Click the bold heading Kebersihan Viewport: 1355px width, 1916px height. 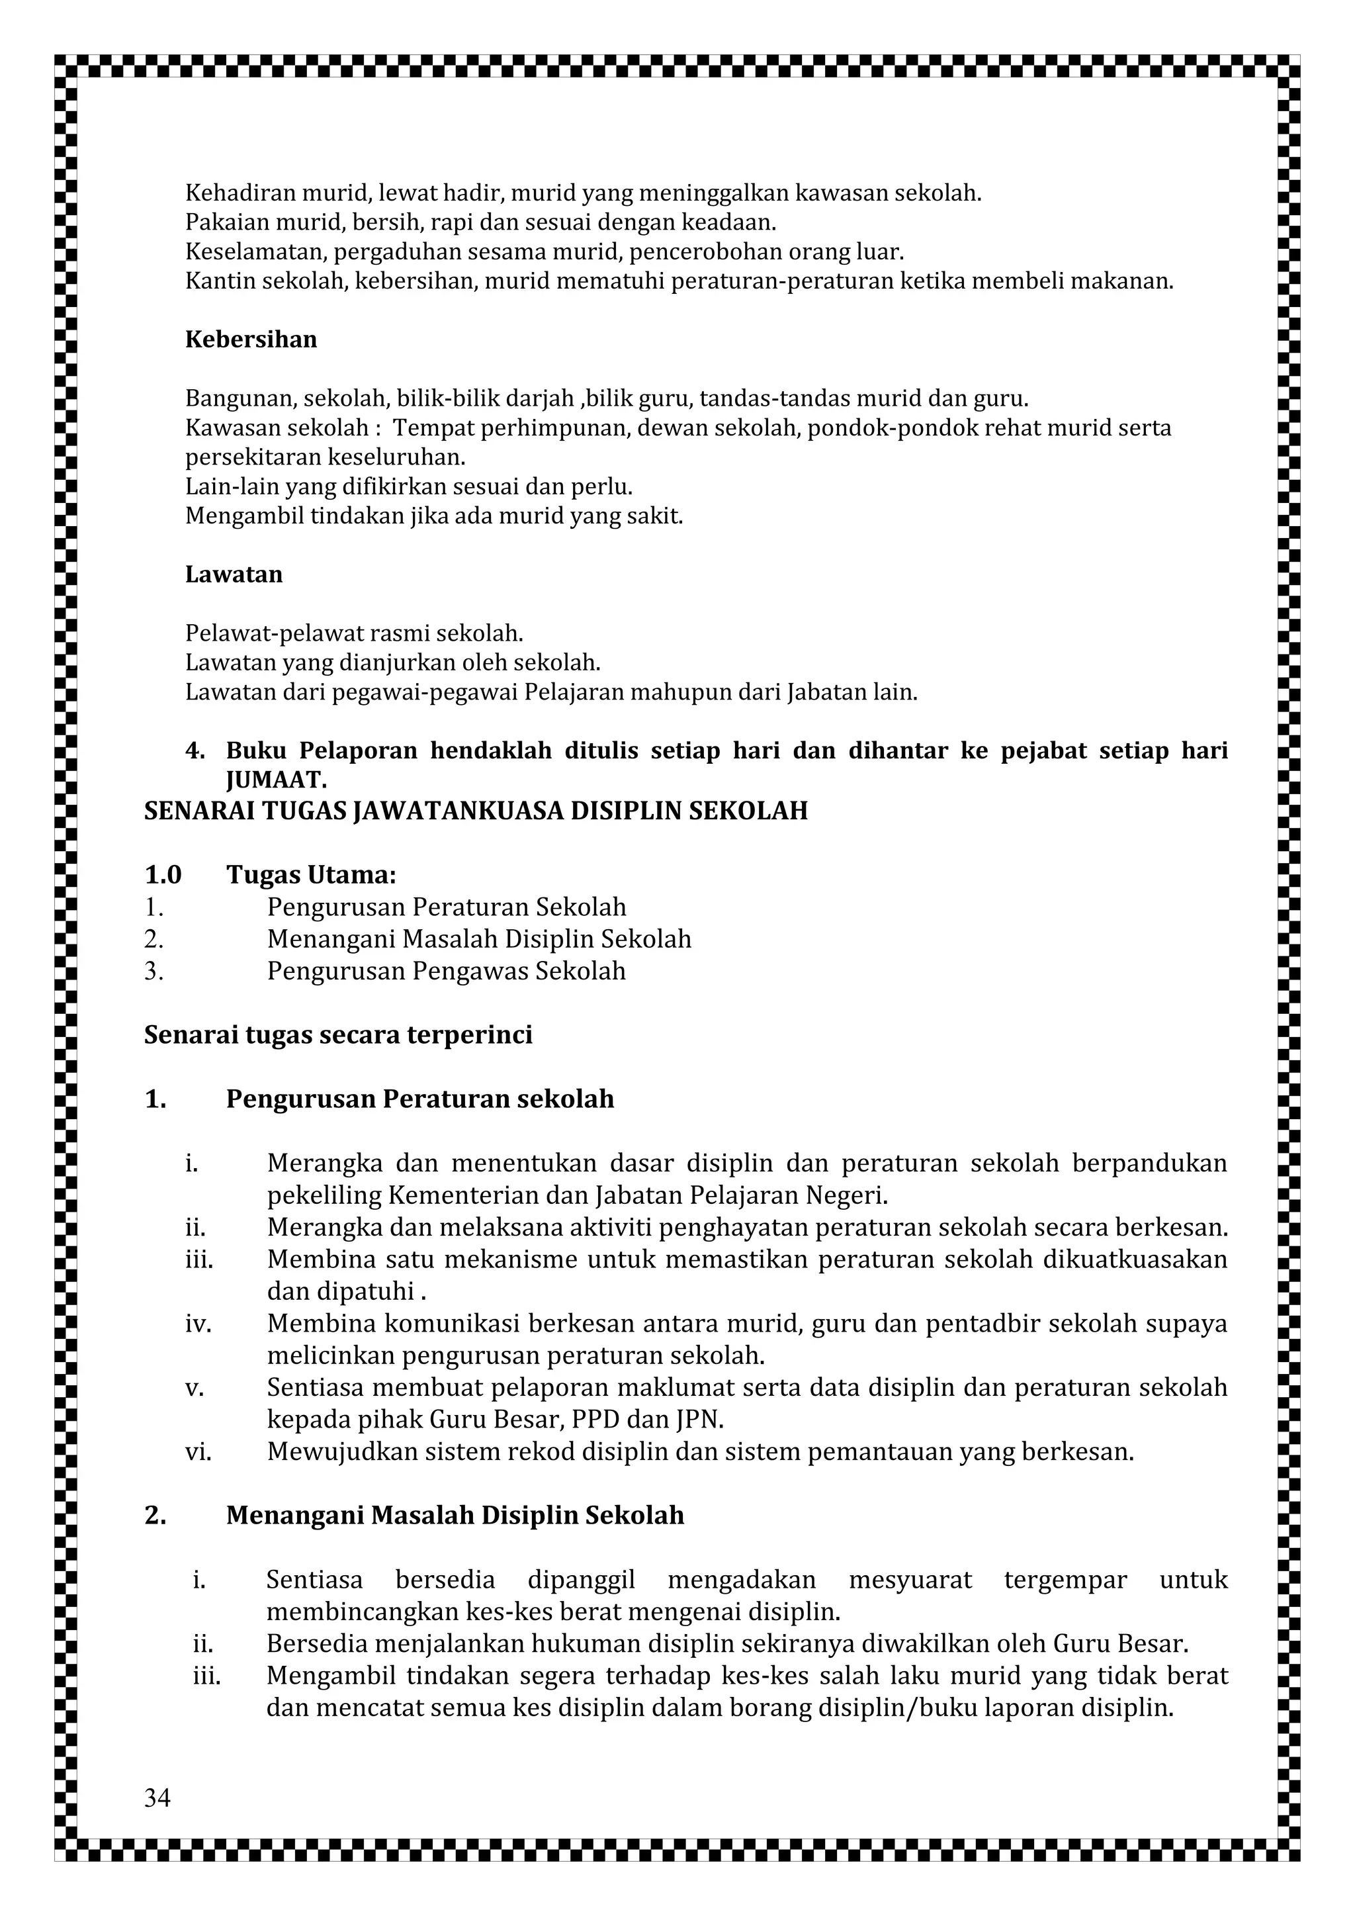coord(250,340)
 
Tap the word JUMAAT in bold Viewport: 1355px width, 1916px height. coord(275,780)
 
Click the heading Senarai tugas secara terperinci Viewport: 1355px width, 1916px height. coord(338,1035)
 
